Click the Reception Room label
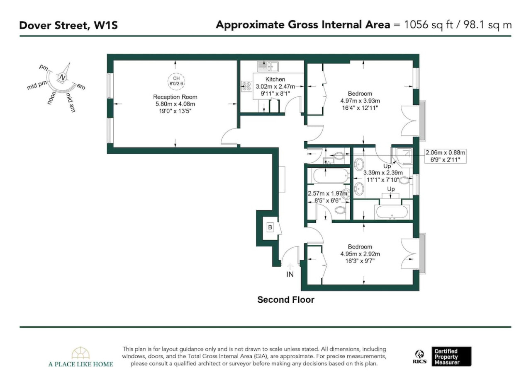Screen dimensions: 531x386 pos(175,97)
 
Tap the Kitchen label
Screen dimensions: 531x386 pos(275,79)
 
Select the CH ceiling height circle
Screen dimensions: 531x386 pos(176,81)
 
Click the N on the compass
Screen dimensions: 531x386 pos(62,77)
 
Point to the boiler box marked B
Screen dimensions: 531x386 pos(270,227)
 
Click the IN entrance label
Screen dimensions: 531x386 pos(290,275)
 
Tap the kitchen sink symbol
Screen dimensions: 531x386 pos(268,67)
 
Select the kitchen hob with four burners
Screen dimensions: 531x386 pos(247,87)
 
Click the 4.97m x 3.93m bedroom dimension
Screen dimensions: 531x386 pos(360,101)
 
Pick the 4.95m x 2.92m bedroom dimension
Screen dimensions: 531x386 pos(360,254)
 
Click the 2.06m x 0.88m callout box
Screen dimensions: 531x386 pos(445,156)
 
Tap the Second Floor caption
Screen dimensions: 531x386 pos(286,300)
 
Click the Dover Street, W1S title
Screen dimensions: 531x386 pos(68,25)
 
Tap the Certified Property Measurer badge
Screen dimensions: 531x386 pos(451,357)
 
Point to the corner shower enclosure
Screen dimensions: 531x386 pos(402,156)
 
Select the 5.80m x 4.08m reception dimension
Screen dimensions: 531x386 pos(175,104)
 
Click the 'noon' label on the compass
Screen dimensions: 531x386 pos(51,98)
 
